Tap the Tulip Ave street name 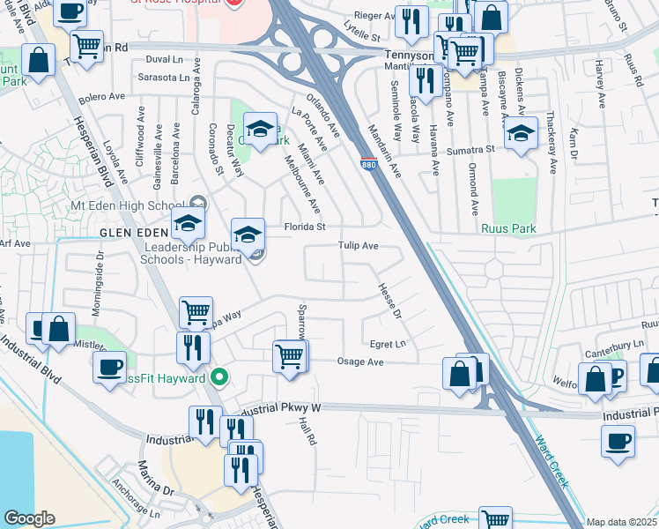click(359, 247)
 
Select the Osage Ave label click(361, 361)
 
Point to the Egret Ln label click(388, 344)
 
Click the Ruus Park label click(508, 227)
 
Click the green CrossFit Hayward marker click(220, 377)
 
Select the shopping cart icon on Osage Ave click(290, 356)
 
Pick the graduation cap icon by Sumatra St click(521, 133)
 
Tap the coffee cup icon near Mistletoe click(110, 366)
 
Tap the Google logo click(29, 518)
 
